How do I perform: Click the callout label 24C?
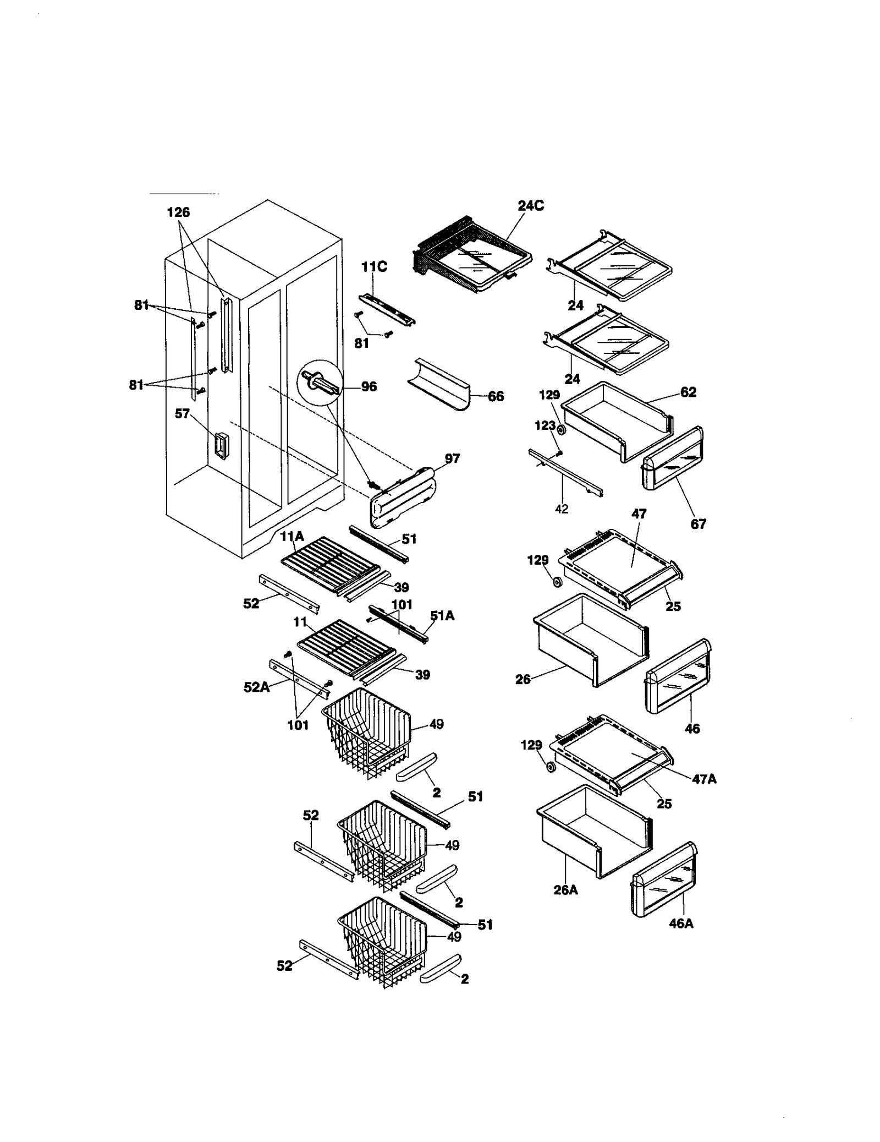click(530, 206)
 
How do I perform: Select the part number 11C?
click(374, 267)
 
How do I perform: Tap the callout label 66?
click(496, 396)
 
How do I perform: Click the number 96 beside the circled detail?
click(369, 387)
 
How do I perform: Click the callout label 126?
click(178, 212)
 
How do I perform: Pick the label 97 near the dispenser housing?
click(452, 458)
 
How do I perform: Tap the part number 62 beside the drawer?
click(688, 392)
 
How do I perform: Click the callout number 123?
click(545, 425)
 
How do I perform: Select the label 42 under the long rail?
click(562, 509)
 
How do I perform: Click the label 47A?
click(704, 779)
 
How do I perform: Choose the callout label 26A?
click(565, 890)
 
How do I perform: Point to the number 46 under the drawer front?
click(692, 728)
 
